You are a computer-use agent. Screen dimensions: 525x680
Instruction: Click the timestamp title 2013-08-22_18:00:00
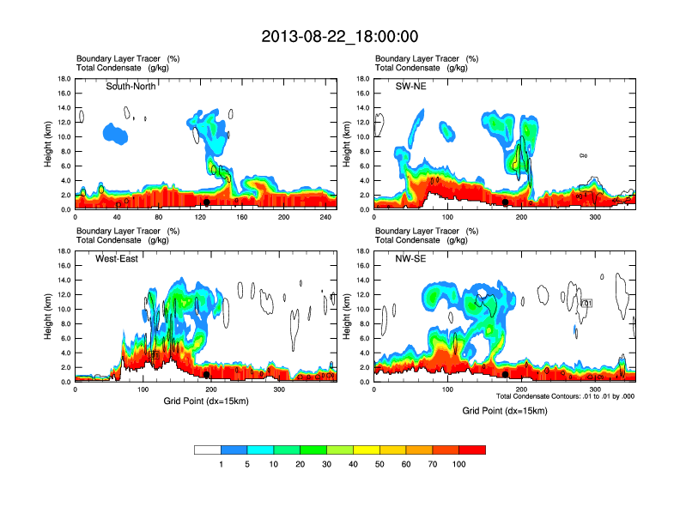pyautogui.click(x=339, y=36)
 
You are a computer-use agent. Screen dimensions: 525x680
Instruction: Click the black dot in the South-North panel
pyautogui.click(x=206, y=202)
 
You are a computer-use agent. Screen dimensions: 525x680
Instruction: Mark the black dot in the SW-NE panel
pyautogui.click(x=506, y=202)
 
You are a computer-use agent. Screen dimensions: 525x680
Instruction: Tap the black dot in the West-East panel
pyautogui.click(x=206, y=374)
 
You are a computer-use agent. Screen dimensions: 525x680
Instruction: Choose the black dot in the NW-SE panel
pyautogui.click(x=506, y=374)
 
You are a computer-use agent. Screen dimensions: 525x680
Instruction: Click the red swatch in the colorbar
pyautogui.click(x=472, y=449)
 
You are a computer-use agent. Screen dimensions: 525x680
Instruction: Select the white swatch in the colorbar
pyautogui.click(x=208, y=449)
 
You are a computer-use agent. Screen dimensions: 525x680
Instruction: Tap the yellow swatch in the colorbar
pyautogui.click(x=367, y=449)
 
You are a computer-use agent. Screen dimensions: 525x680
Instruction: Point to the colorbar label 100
pyautogui.click(x=459, y=464)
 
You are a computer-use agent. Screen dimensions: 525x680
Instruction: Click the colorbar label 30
pyautogui.click(x=327, y=464)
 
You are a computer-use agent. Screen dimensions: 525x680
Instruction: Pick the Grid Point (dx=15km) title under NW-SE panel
pyautogui.click(x=504, y=411)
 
